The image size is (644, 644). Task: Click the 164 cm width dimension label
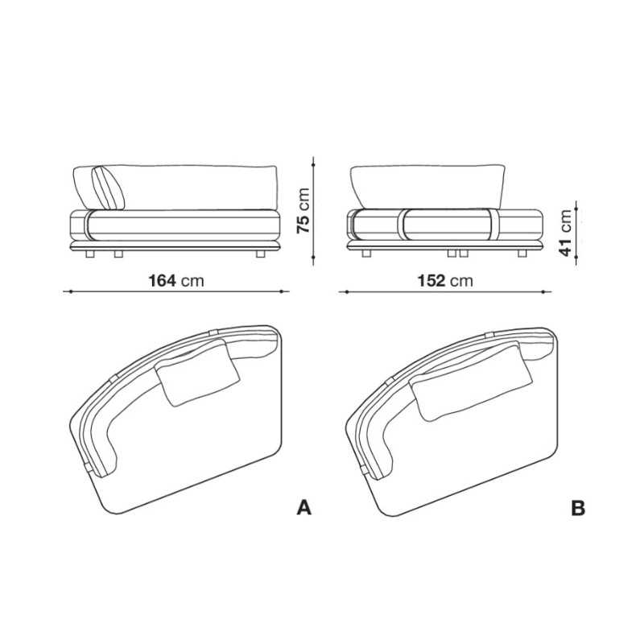tap(175, 281)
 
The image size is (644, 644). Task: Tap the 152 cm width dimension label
tap(445, 281)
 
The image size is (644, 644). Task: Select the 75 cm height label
tap(303, 211)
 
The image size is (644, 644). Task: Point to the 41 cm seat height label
tap(566, 233)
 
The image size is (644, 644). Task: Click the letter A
tap(304, 508)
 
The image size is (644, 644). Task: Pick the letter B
tap(578, 508)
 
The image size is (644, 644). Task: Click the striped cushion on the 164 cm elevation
tap(108, 188)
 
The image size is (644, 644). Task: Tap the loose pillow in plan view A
tap(197, 373)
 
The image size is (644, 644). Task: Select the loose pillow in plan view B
tap(471, 383)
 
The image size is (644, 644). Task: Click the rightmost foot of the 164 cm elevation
tap(260, 254)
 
